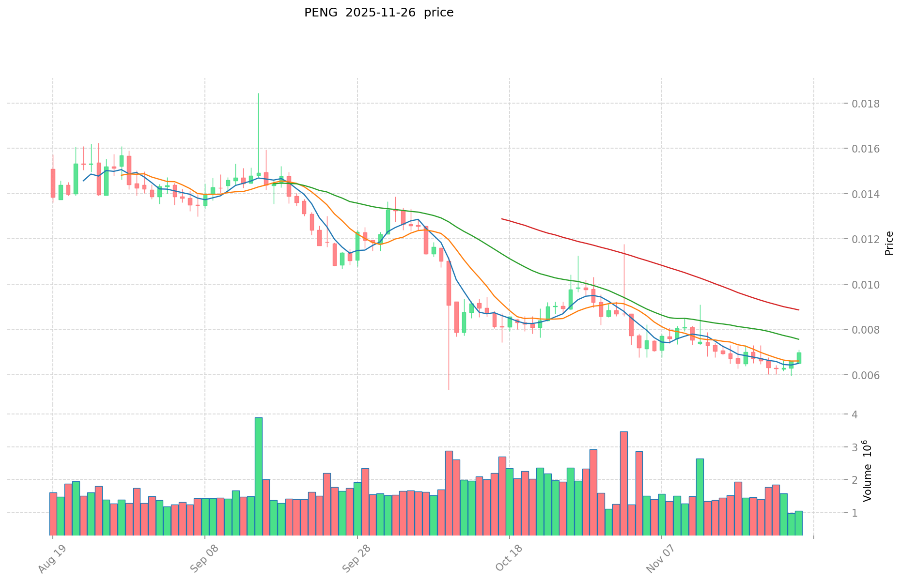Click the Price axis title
pyautogui.click(x=889, y=243)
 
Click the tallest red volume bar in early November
pyautogui.click(x=624, y=483)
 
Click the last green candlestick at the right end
pyautogui.click(x=799, y=358)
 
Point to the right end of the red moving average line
pyautogui.click(x=798, y=310)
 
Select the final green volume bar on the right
pyautogui.click(x=799, y=523)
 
